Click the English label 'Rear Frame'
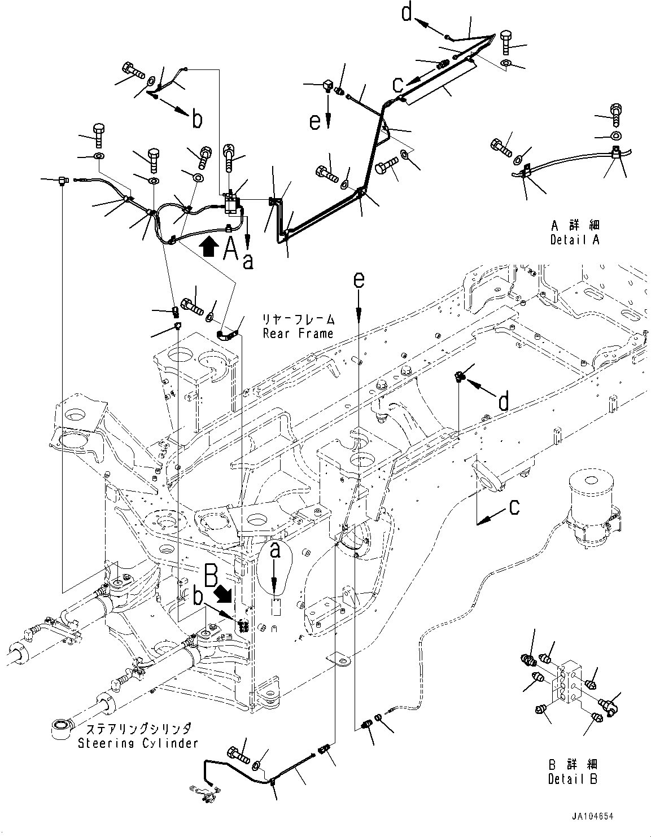point(298,334)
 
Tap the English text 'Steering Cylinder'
point(138,743)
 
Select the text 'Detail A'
point(575,240)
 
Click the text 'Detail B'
point(572,779)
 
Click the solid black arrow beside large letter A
point(209,247)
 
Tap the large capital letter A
point(230,248)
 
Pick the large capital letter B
point(210,577)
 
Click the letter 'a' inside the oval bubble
point(275,551)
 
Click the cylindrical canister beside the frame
point(591,508)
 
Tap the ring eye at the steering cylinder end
point(60,728)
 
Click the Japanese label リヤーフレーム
point(299,319)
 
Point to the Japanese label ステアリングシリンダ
point(138,729)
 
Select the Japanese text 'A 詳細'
point(575,226)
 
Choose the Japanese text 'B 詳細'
point(572,765)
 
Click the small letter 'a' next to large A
point(247,260)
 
